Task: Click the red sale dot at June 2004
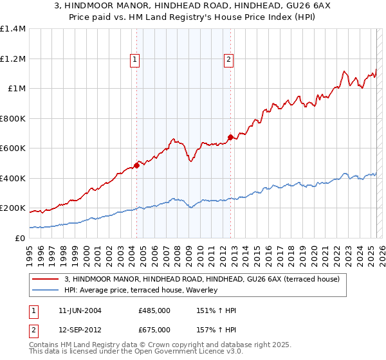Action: tap(136, 165)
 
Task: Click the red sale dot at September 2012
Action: tap(230, 137)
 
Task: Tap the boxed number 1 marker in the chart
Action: tap(135, 60)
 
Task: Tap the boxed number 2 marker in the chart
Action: tap(228, 60)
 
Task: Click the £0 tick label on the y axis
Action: tap(19, 238)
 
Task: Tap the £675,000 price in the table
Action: tap(154, 330)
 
